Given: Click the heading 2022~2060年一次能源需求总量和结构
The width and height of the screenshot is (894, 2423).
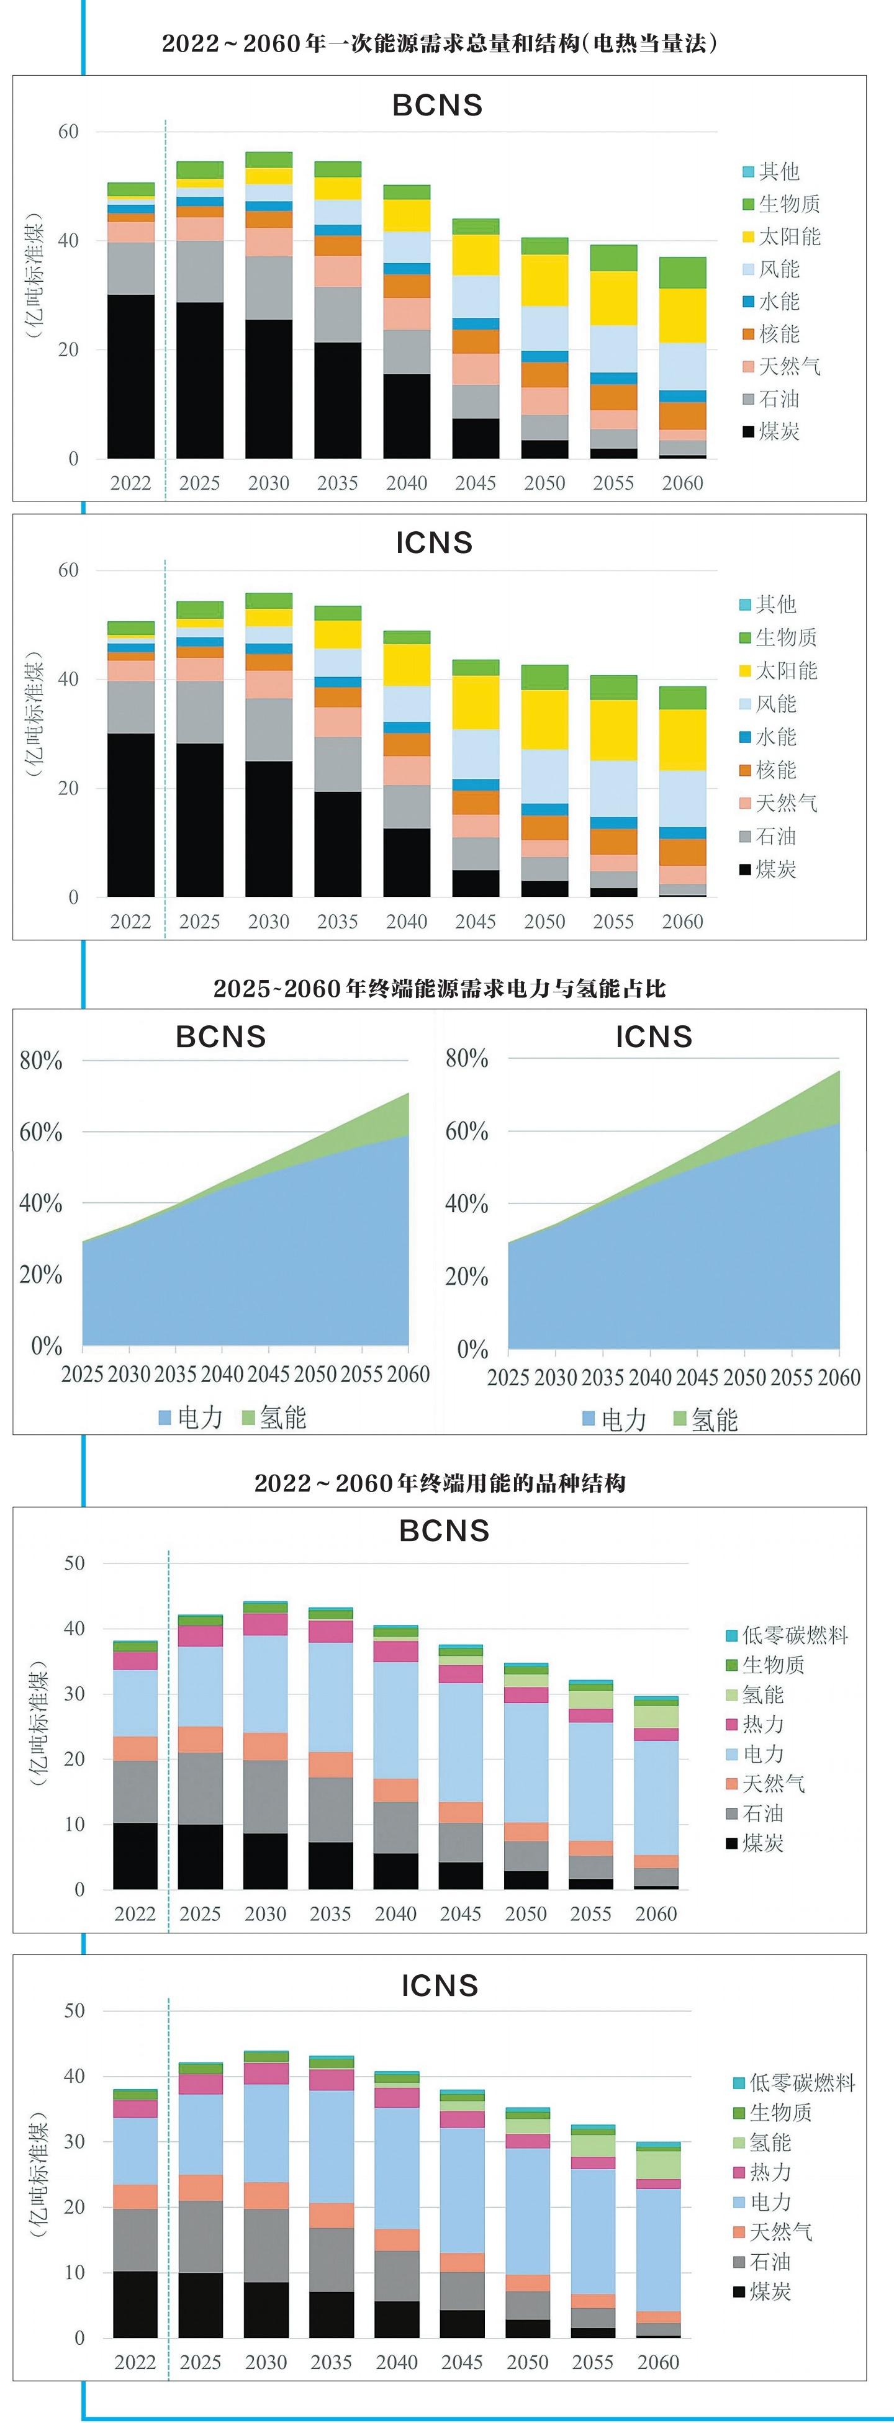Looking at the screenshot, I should click(440, 43).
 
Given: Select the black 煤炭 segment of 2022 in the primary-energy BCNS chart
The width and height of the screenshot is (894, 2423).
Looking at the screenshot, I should click(131, 376).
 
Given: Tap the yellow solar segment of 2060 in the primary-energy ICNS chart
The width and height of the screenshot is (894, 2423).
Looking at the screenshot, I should click(682, 739).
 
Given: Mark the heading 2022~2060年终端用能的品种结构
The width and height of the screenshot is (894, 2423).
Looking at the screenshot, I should click(440, 1483).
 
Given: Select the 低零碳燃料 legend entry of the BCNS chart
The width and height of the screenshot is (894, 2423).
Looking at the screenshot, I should click(786, 1635).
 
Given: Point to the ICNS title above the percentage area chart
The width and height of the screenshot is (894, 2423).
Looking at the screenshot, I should click(654, 1036).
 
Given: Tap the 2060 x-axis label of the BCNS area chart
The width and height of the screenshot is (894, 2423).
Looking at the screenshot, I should click(409, 1374).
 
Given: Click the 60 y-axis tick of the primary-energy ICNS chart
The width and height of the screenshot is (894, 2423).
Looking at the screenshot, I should click(69, 570).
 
